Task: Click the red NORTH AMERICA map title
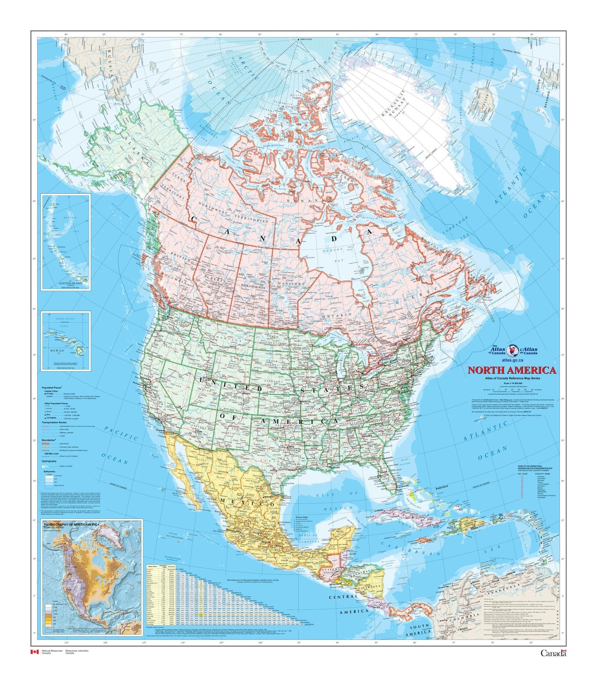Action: (x=512, y=370)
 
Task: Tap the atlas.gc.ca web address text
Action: (x=512, y=360)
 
